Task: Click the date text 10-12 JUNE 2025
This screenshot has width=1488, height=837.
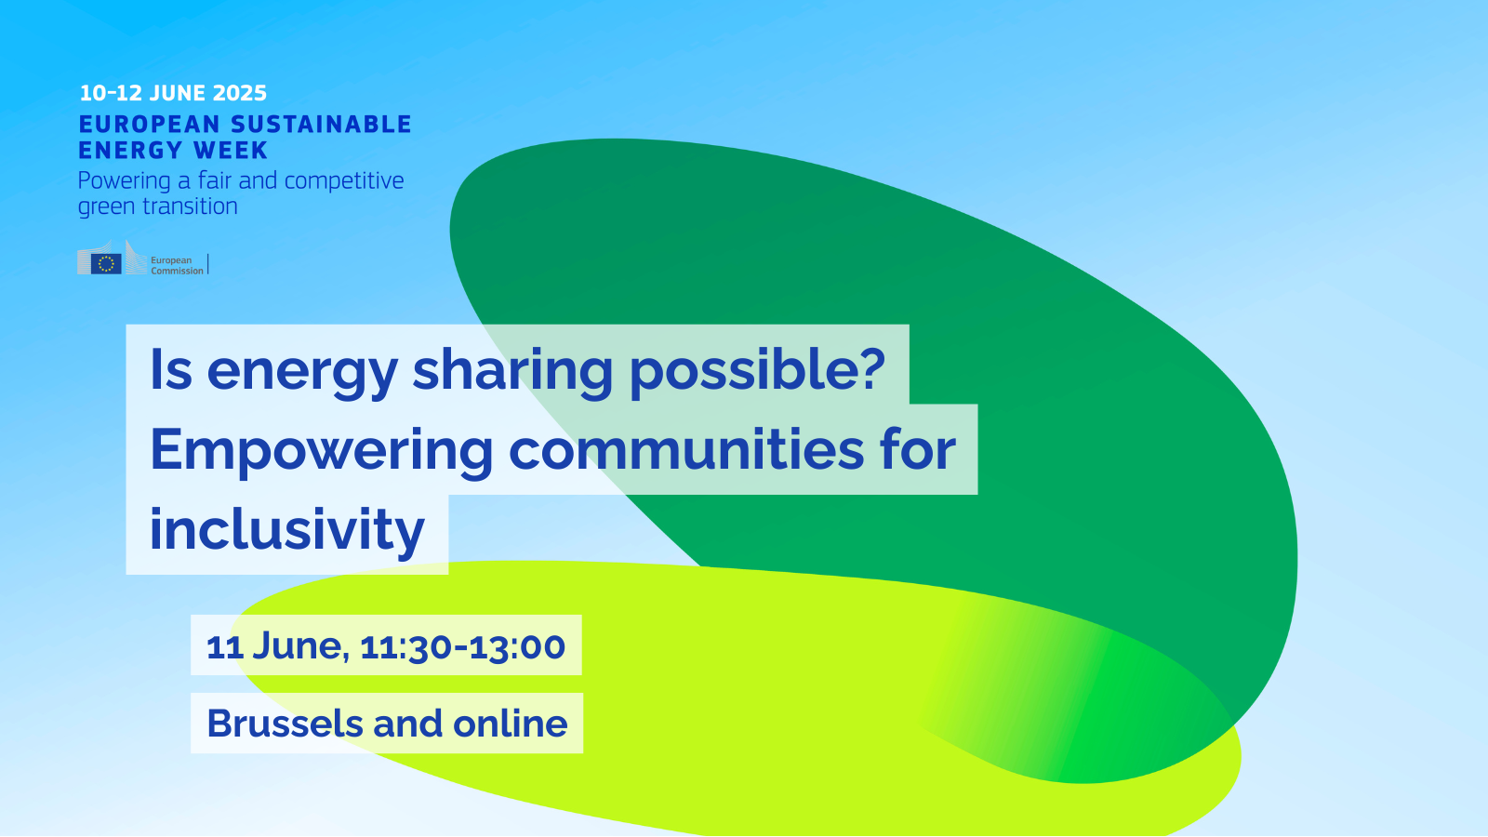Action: pyautogui.click(x=173, y=93)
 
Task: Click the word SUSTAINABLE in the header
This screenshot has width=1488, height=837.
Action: pyautogui.click(x=321, y=125)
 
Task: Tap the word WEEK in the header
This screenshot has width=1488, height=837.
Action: pyautogui.click(x=231, y=151)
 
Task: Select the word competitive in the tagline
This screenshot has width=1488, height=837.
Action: pyautogui.click(x=344, y=180)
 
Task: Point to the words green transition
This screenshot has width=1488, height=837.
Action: pyautogui.click(x=157, y=206)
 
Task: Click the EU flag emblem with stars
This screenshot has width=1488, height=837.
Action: pyautogui.click(x=106, y=264)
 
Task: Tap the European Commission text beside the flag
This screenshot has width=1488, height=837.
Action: pyautogui.click(x=177, y=266)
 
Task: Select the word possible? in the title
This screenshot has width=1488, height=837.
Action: pyautogui.click(x=757, y=369)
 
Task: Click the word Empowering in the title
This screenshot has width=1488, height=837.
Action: pyautogui.click(x=321, y=450)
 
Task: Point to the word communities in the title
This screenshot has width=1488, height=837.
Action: pyautogui.click(x=686, y=450)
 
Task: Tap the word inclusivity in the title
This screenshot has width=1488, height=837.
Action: pyautogui.click(x=286, y=530)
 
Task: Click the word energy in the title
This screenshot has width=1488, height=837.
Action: pyautogui.click(x=302, y=371)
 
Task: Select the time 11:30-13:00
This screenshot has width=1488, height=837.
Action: pyautogui.click(x=462, y=646)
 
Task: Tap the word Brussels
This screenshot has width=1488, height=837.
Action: pyautogui.click(x=285, y=724)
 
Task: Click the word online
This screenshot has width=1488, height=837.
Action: pyautogui.click(x=510, y=724)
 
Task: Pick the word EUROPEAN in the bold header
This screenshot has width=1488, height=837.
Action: pyautogui.click(x=149, y=125)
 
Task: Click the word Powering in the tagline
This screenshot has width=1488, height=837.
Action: pyautogui.click(x=124, y=181)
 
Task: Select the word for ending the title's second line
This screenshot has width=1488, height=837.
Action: pyautogui.click(x=917, y=450)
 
